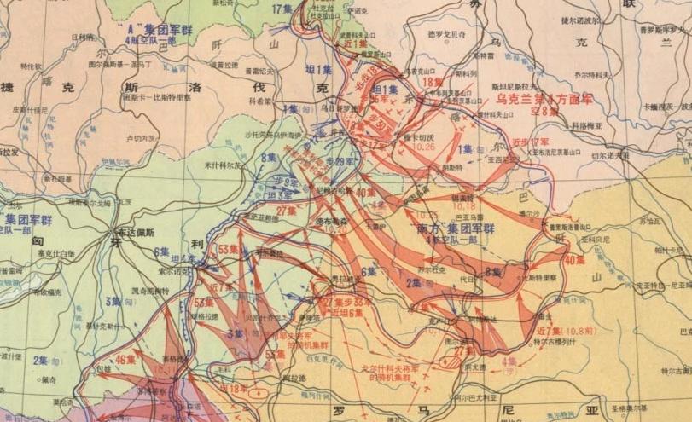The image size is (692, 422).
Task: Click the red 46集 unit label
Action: tap(125, 360)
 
